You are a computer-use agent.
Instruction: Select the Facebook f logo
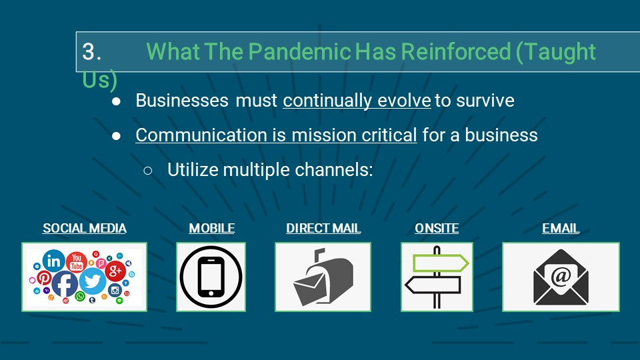[x=65, y=284]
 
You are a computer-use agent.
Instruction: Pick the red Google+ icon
[x=115, y=271]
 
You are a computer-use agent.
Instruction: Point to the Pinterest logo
[x=44, y=278]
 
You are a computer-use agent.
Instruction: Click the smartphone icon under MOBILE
[x=211, y=277]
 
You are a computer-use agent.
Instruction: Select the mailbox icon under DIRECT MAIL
[x=323, y=277]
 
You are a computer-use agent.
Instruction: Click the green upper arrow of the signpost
[x=440, y=264]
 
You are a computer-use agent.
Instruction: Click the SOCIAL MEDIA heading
[x=84, y=229]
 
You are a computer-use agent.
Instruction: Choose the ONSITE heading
[x=437, y=229]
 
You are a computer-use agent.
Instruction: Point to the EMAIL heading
[x=561, y=229]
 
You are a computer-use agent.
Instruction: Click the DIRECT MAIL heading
[x=323, y=229]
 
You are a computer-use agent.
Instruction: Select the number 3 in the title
[x=89, y=52]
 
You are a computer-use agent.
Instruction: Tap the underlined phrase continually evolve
[x=357, y=101]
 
